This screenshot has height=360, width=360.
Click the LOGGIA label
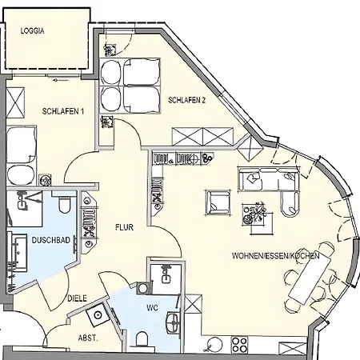click(x=33, y=31)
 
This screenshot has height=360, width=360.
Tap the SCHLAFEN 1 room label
click(x=63, y=111)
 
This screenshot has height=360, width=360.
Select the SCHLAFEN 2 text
click(x=187, y=100)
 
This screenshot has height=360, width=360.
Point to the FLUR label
click(x=124, y=227)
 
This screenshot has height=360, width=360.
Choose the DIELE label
click(x=77, y=298)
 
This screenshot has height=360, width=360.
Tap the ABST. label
click(x=88, y=338)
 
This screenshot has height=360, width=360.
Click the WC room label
click(x=152, y=308)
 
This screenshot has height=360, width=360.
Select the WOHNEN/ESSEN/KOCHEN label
click(x=276, y=256)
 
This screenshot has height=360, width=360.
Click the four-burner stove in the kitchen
click(x=239, y=344)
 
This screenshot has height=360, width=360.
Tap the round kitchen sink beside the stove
click(x=214, y=344)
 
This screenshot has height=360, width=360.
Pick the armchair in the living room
click(x=218, y=202)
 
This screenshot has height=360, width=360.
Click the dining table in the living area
click(x=310, y=280)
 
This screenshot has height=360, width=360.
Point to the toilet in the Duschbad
click(x=64, y=204)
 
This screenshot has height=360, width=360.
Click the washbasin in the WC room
click(x=173, y=322)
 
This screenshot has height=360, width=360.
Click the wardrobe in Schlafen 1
click(x=15, y=102)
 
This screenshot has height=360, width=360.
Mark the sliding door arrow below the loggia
click(x=61, y=80)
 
